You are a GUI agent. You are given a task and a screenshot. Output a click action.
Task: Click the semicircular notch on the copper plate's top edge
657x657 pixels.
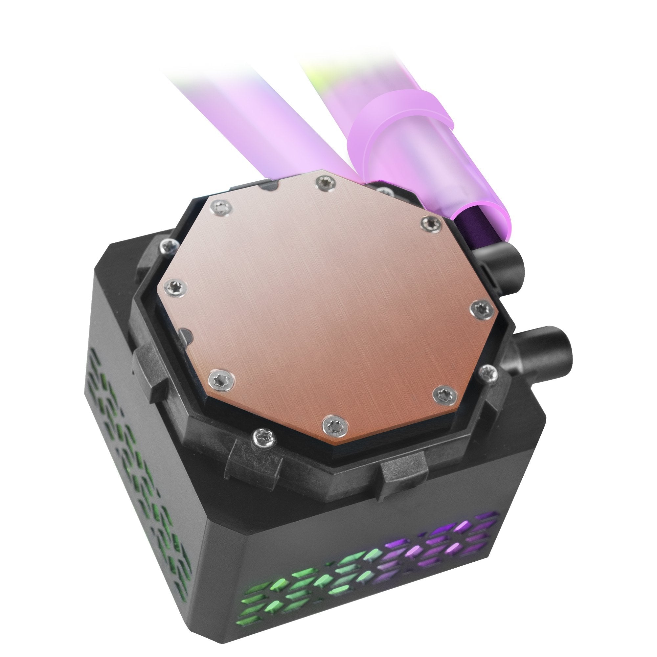(x=269, y=186)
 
